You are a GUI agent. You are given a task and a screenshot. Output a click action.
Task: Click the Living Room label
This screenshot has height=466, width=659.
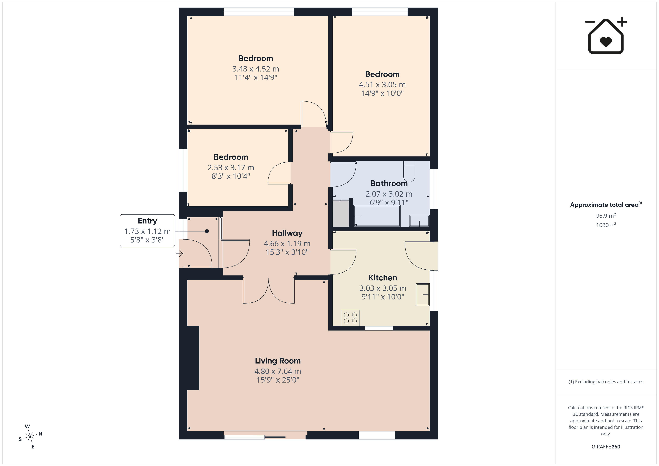[x=278, y=361]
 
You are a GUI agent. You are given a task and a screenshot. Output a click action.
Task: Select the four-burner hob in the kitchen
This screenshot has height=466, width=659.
[x=350, y=318]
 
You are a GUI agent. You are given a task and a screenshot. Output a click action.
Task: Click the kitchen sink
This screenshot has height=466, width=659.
[x=423, y=294]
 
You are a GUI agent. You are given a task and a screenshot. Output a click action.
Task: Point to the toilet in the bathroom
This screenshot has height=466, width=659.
[x=409, y=171]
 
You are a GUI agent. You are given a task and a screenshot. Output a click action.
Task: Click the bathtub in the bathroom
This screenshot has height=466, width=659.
[x=377, y=216]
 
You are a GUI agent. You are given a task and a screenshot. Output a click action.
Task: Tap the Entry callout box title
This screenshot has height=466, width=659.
[x=147, y=221]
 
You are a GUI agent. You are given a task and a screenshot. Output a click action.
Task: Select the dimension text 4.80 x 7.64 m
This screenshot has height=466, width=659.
[x=278, y=371]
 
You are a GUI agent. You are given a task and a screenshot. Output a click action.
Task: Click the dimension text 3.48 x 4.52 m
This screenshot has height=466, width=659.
[x=256, y=69]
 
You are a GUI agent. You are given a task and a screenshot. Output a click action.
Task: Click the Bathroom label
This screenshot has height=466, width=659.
[x=389, y=183]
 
